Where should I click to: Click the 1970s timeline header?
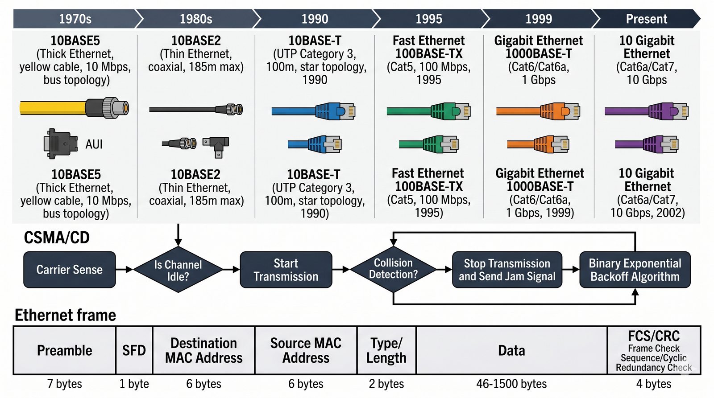click(x=75, y=19)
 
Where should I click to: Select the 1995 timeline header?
click(x=428, y=19)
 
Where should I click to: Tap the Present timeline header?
click(x=646, y=19)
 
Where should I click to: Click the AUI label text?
click(x=94, y=144)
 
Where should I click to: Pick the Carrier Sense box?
click(x=70, y=270)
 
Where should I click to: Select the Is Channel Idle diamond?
click(x=178, y=270)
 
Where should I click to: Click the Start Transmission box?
click(x=286, y=270)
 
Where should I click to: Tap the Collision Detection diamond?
click(x=393, y=269)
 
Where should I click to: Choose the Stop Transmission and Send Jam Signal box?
click(x=507, y=270)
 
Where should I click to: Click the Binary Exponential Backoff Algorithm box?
click(x=635, y=270)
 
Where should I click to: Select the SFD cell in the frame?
click(x=134, y=350)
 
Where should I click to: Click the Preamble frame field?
click(x=65, y=350)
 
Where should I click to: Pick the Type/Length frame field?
click(x=386, y=350)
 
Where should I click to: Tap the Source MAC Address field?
click(x=306, y=350)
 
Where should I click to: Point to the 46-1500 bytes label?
click(x=511, y=384)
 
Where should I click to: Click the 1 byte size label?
click(x=134, y=384)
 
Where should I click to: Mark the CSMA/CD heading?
click(x=57, y=238)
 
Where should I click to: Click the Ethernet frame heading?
click(x=65, y=315)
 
